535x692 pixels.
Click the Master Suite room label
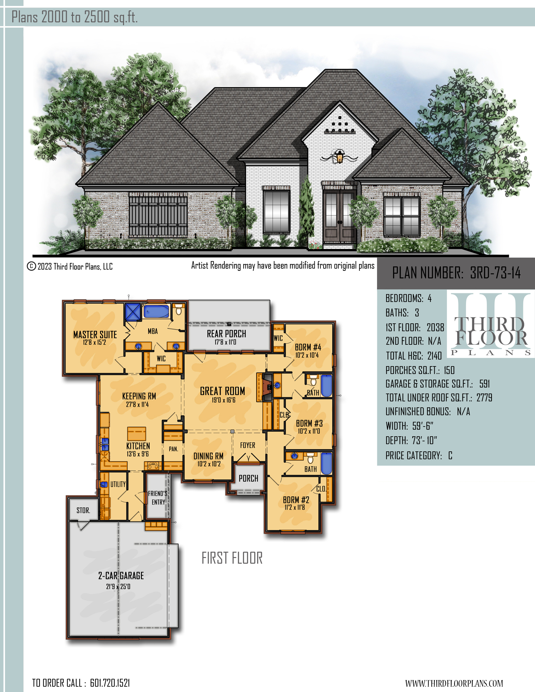[x=95, y=334]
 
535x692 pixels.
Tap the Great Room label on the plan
[x=222, y=391]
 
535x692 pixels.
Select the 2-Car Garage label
[x=121, y=576]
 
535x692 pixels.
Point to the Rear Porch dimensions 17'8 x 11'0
[x=225, y=342]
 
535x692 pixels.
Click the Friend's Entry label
[x=158, y=498]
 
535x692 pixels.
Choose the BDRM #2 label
[x=296, y=500]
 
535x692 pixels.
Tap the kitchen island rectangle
[x=137, y=434]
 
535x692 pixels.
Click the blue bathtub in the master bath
[x=156, y=311]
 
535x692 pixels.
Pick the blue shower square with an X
[x=132, y=312]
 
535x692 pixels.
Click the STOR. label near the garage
[x=83, y=511]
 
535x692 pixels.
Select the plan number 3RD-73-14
[x=495, y=273]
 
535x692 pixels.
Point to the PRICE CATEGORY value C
[x=450, y=456]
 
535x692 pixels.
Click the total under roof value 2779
[x=484, y=398]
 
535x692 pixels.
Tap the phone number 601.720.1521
[x=110, y=683]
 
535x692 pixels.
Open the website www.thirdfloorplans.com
[x=454, y=683]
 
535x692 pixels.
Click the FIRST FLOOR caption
[x=232, y=558]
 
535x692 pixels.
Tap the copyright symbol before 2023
[x=31, y=266]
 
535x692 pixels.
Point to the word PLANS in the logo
[x=491, y=353]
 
